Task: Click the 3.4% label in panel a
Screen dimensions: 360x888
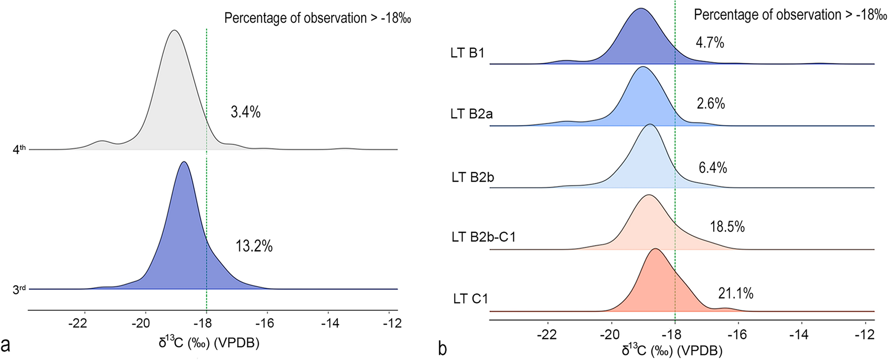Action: pyautogui.click(x=246, y=112)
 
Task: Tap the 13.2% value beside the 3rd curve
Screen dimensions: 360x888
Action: pyautogui.click(x=254, y=246)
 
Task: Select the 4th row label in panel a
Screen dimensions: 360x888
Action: pyautogui.click(x=19, y=149)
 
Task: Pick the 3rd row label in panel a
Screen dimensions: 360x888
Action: pyautogui.click(x=19, y=289)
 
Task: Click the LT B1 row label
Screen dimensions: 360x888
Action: pyautogui.click(x=467, y=53)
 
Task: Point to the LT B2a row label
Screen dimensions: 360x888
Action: pyautogui.click(x=471, y=114)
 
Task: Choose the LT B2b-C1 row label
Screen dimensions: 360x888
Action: pyautogui.click(x=483, y=237)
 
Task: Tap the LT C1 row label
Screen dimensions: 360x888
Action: pyautogui.click(x=470, y=299)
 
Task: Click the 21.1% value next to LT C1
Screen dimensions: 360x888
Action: pyautogui.click(x=735, y=293)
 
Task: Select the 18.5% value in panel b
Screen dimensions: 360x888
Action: pyautogui.click(x=727, y=227)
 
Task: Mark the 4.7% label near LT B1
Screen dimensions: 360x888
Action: pyautogui.click(x=710, y=43)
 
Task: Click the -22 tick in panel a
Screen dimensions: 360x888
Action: pyautogui.click(x=77, y=323)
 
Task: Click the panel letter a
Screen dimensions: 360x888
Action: pyautogui.click(x=6, y=345)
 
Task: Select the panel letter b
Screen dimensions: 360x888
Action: pyautogui.click(x=442, y=349)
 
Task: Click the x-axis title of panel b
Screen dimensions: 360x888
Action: pyautogui.click(x=672, y=351)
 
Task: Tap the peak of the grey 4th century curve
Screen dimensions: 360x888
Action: pyautogui.click(x=175, y=31)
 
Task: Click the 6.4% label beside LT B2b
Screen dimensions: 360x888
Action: pyautogui.click(x=712, y=168)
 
